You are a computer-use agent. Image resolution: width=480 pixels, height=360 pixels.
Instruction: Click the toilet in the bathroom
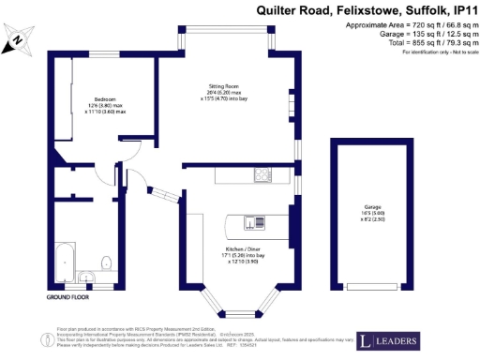coord(106,262)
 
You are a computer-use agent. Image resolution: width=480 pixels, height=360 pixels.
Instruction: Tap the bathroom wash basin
coord(86,276)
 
